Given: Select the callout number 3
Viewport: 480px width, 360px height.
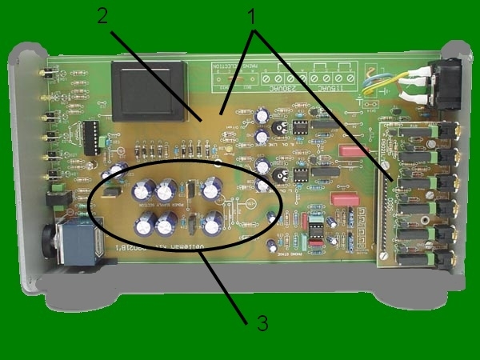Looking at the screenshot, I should click(262, 323).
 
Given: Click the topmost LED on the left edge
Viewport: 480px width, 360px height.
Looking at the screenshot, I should click(44, 74).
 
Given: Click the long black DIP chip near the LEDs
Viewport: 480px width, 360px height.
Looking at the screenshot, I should click(90, 137).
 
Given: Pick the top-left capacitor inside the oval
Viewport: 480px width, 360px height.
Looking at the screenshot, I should click(144, 190).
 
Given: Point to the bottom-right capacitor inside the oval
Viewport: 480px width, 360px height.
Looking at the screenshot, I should click(212, 224).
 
